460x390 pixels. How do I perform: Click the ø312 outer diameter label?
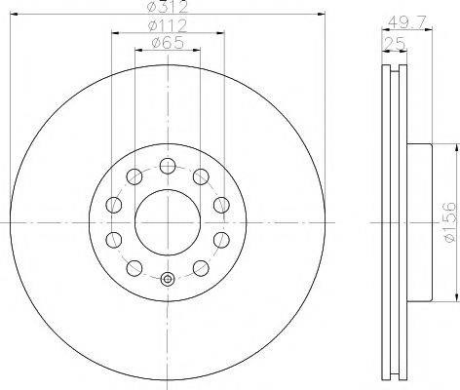(168, 7)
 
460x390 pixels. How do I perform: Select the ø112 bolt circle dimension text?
(168, 25)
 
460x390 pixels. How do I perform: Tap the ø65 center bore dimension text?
(168, 43)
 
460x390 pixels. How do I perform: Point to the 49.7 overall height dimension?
(407, 22)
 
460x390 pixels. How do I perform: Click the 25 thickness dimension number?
(395, 43)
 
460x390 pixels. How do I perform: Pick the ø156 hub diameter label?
(450, 222)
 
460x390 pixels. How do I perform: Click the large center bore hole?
(168, 222)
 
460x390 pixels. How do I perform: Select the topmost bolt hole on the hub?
(168, 167)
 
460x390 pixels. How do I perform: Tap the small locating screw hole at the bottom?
(168, 279)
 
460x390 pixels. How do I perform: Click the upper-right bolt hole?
(201, 176)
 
